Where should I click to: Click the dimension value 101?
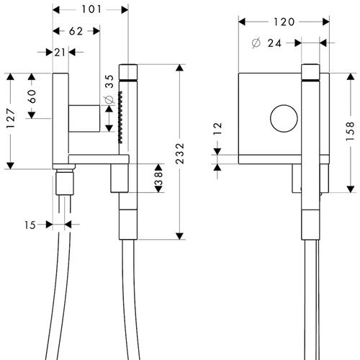tap(91, 9)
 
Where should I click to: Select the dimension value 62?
tap(76, 31)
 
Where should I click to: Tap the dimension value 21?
tap(60, 53)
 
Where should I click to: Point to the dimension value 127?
tap(11, 118)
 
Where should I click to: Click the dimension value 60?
tap(32, 96)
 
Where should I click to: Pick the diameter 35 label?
tap(109, 89)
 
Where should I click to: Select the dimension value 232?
tap(180, 153)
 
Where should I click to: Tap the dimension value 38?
tap(158, 179)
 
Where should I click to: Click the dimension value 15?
tap(30, 225)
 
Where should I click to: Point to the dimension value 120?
tap(284, 22)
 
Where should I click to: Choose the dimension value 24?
tap(274, 43)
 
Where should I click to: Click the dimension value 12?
tap(217, 128)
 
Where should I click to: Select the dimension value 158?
tap(351, 131)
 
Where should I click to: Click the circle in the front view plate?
tap(284, 104)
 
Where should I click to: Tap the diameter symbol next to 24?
tap(256, 43)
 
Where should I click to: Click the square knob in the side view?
tap(84, 118)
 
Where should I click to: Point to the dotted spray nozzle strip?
tap(120, 117)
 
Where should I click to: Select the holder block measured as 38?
tap(120, 179)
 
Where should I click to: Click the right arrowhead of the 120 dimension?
tap(326, 22)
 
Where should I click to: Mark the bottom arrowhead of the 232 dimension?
tap(180, 236)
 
